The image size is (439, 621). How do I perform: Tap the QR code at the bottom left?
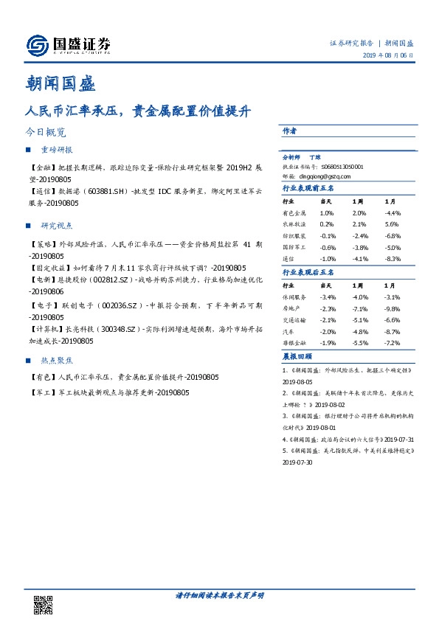coord(44,604)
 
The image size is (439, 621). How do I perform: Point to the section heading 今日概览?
coord(46,133)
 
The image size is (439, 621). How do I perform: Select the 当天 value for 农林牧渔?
coord(326,224)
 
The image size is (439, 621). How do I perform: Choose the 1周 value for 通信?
coord(360,260)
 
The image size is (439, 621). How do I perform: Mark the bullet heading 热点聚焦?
coord(57,361)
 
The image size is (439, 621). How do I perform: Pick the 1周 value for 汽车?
coord(360,332)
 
